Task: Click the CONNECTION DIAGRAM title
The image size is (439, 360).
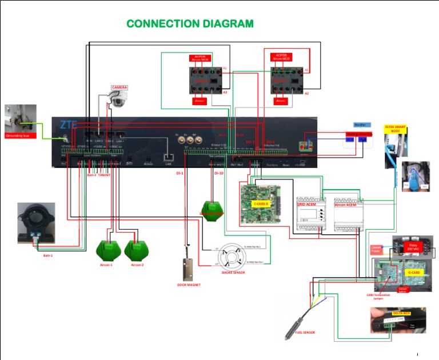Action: (190, 23)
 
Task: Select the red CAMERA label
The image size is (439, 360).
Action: (119, 87)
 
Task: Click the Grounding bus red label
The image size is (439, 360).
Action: (21, 136)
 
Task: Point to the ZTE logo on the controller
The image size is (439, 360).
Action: (69, 125)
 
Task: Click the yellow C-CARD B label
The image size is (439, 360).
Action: (261, 203)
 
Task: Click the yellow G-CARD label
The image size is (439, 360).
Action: (414, 273)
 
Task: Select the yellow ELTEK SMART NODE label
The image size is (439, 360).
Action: (396, 129)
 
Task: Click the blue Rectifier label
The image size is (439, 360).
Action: (360, 125)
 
